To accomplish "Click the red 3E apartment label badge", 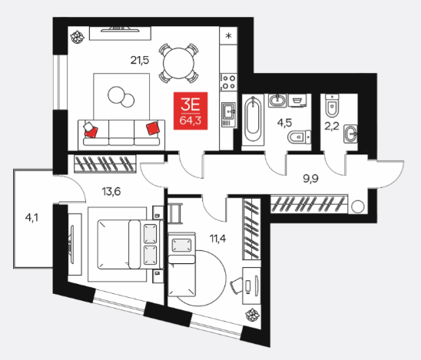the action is click(191, 111).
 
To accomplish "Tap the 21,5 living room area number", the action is click(140, 60).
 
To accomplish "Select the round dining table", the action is click(178, 63).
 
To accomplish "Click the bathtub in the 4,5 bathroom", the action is click(253, 120).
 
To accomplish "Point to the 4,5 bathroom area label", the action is click(284, 123).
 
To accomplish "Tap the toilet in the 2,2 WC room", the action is click(332, 105).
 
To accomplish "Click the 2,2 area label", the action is click(332, 126).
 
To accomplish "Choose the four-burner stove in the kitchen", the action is click(228, 82).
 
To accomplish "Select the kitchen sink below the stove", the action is click(228, 114).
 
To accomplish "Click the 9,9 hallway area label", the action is click(310, 178).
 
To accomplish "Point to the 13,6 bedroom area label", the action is click(111, 192).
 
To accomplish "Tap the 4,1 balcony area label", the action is click(31, 217).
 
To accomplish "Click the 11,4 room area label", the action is click(217, 238).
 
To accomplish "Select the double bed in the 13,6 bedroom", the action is click(131, 244).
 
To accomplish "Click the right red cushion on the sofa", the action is click(153, 128).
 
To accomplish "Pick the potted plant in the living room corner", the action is click(77, 37).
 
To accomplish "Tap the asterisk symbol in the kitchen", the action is click(228, 35).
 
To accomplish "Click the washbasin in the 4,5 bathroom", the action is click(277, 101).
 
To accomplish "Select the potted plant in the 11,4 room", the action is click(253, 315).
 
